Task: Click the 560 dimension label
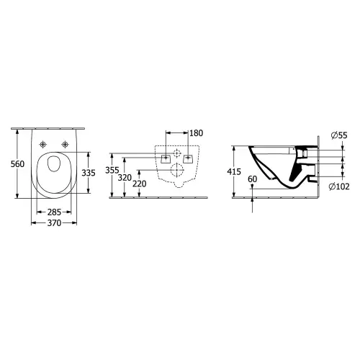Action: pyautogui.click(x=17, y=164)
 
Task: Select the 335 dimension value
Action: pyautogui.click(x=89, y=173)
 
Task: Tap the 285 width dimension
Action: pyautogui.click(x=54, y=212)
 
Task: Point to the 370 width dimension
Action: pyautogui.click(x=54, y=223)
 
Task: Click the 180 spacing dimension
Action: pyautogui.click(x=197, y=133)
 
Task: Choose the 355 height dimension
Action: pyautogui.click(x=112, y=170)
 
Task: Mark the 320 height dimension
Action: pyautogui.click(x=125, y=178)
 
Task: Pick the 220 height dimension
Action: pyautogui.click(x=140, y=184)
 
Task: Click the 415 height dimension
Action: pyautogui.click(x=234, y=172)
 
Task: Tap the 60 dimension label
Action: pyautogui.click(x=252, y=179)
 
